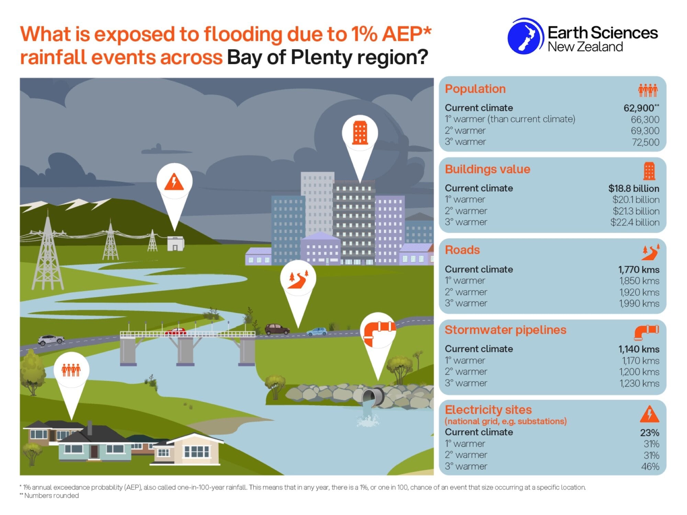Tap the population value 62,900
[x=639, y=108]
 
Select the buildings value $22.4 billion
[x=635, y=222]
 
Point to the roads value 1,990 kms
[x=639, y=304]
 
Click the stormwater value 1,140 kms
[x=639, y=349]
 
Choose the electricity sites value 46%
[x=650, y=467]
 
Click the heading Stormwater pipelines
[x=505, y=330]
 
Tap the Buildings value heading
[x=487, y=169]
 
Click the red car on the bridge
[x=176, y=332]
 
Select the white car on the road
[x=51, y=340]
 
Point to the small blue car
[x=316, y=331]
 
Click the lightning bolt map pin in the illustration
[x=174, y=182]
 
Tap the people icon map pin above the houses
[x=71, y=370]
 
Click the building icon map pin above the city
[x=360, y=133]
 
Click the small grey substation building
[x=176, y=243]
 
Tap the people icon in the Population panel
[x=648, y=90]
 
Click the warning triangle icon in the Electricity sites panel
[x=649, y=414]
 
